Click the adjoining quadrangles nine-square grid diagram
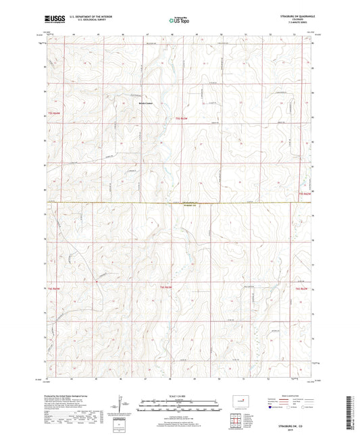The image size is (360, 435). pos(237,424)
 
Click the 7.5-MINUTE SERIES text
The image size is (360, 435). pos(302,22)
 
